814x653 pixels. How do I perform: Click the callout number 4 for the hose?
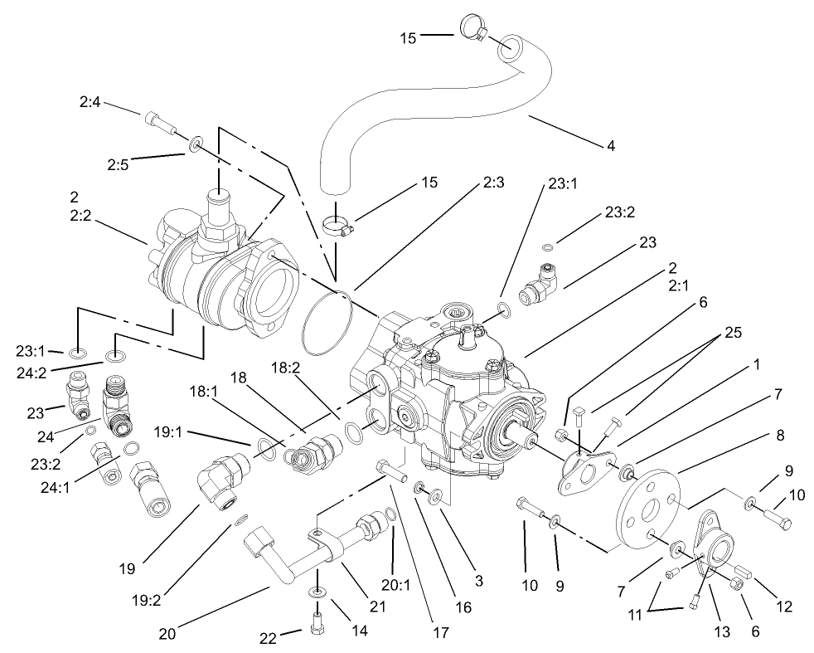pyautogui.click(x=611, y=146)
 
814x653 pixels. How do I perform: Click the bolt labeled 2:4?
pyautogui.click(x=162, y=124)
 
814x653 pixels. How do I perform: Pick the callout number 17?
pyautogui.click(x=439, y=633)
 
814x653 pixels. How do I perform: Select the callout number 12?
pyautogui.click(x=783, y=607)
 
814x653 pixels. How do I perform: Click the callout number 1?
pyautogui.click(x=756, y=363)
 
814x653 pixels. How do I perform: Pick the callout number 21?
pyautogui.click(x=378, y=607)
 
